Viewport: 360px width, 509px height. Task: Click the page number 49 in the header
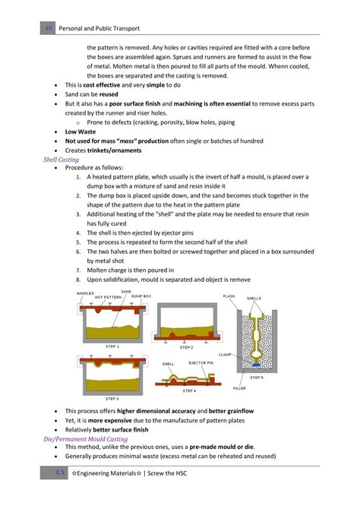point(49,29)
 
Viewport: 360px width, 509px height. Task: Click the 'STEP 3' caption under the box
point(112,398)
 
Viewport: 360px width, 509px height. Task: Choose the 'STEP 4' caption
point(188,390)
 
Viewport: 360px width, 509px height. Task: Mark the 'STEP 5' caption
point(257,377)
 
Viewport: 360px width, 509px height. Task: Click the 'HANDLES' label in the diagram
point(86,293)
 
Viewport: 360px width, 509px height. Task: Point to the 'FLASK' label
point(229,296)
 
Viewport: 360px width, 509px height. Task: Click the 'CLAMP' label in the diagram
point(225,353)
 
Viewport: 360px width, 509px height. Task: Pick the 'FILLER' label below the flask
point(239,387)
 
